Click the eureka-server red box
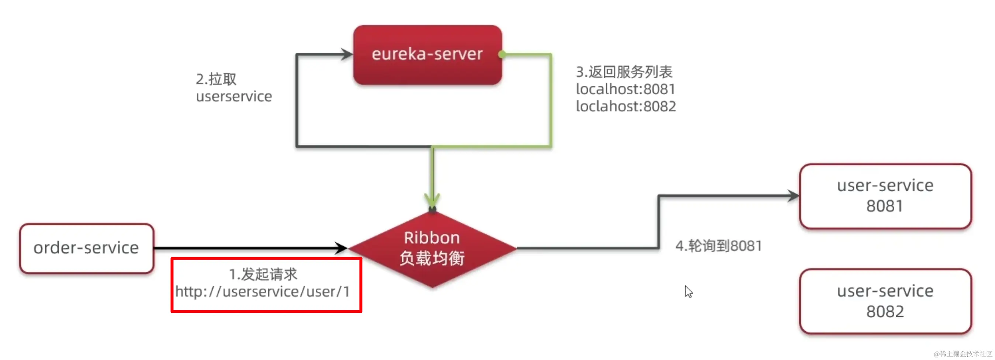click(427, 55)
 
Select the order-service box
click(87, 248)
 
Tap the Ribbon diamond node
click(432, 248)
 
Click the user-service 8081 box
click(885, 196)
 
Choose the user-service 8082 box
click(885, 301)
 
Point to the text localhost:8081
click(625, 89)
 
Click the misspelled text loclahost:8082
click(625, 106)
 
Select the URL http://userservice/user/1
click(263, 292)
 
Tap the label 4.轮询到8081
click(718, 246)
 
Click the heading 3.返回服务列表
click(624, 72)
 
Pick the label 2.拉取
click(216, 79)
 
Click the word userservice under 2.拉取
click(234, 96)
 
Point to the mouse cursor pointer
click(688, 291)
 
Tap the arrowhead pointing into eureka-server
click(346, 54)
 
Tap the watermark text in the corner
click(962, 353)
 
